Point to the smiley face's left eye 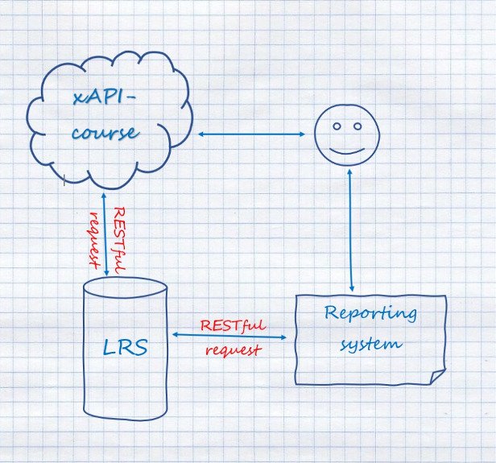point(336,126)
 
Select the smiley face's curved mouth point(347,150)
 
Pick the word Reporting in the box point(370,314)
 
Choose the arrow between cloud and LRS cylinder point(105,234)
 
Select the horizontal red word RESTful point(233,326)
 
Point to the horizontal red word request point(233,350)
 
